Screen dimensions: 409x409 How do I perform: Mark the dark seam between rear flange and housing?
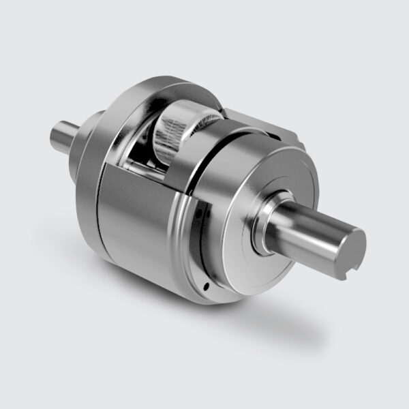[x=97, y=204]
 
